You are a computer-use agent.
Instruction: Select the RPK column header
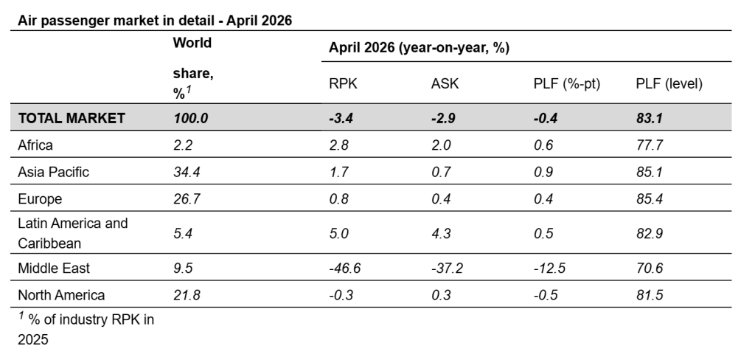coord(344,83)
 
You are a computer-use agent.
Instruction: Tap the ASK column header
coord(445,83)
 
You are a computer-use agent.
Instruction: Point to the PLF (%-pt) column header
coord(567,84)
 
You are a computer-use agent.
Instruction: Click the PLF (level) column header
coord(669,84)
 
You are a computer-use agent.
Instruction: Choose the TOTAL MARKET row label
coord(72,118)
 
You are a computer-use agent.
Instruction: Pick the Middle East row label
coord(53,268)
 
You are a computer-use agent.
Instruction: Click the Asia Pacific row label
coord(53,172)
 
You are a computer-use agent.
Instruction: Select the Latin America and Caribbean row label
coord(73,233)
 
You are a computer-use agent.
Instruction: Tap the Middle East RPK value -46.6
coord(345,268)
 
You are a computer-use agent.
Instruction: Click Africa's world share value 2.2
coord(183,145)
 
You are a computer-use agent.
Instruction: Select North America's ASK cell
coord(441,295)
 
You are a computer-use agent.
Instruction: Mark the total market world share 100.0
coord(191,118)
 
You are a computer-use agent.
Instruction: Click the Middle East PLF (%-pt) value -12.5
coord(549,268)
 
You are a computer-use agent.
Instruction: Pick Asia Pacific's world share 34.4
coord(187,172)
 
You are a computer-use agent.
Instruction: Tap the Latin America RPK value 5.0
coord(338,233)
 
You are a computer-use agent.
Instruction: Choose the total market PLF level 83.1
coord(650,118)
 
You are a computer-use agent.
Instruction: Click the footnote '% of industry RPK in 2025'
coord(86,329)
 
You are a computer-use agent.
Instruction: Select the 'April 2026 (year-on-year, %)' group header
coord(419,48)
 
